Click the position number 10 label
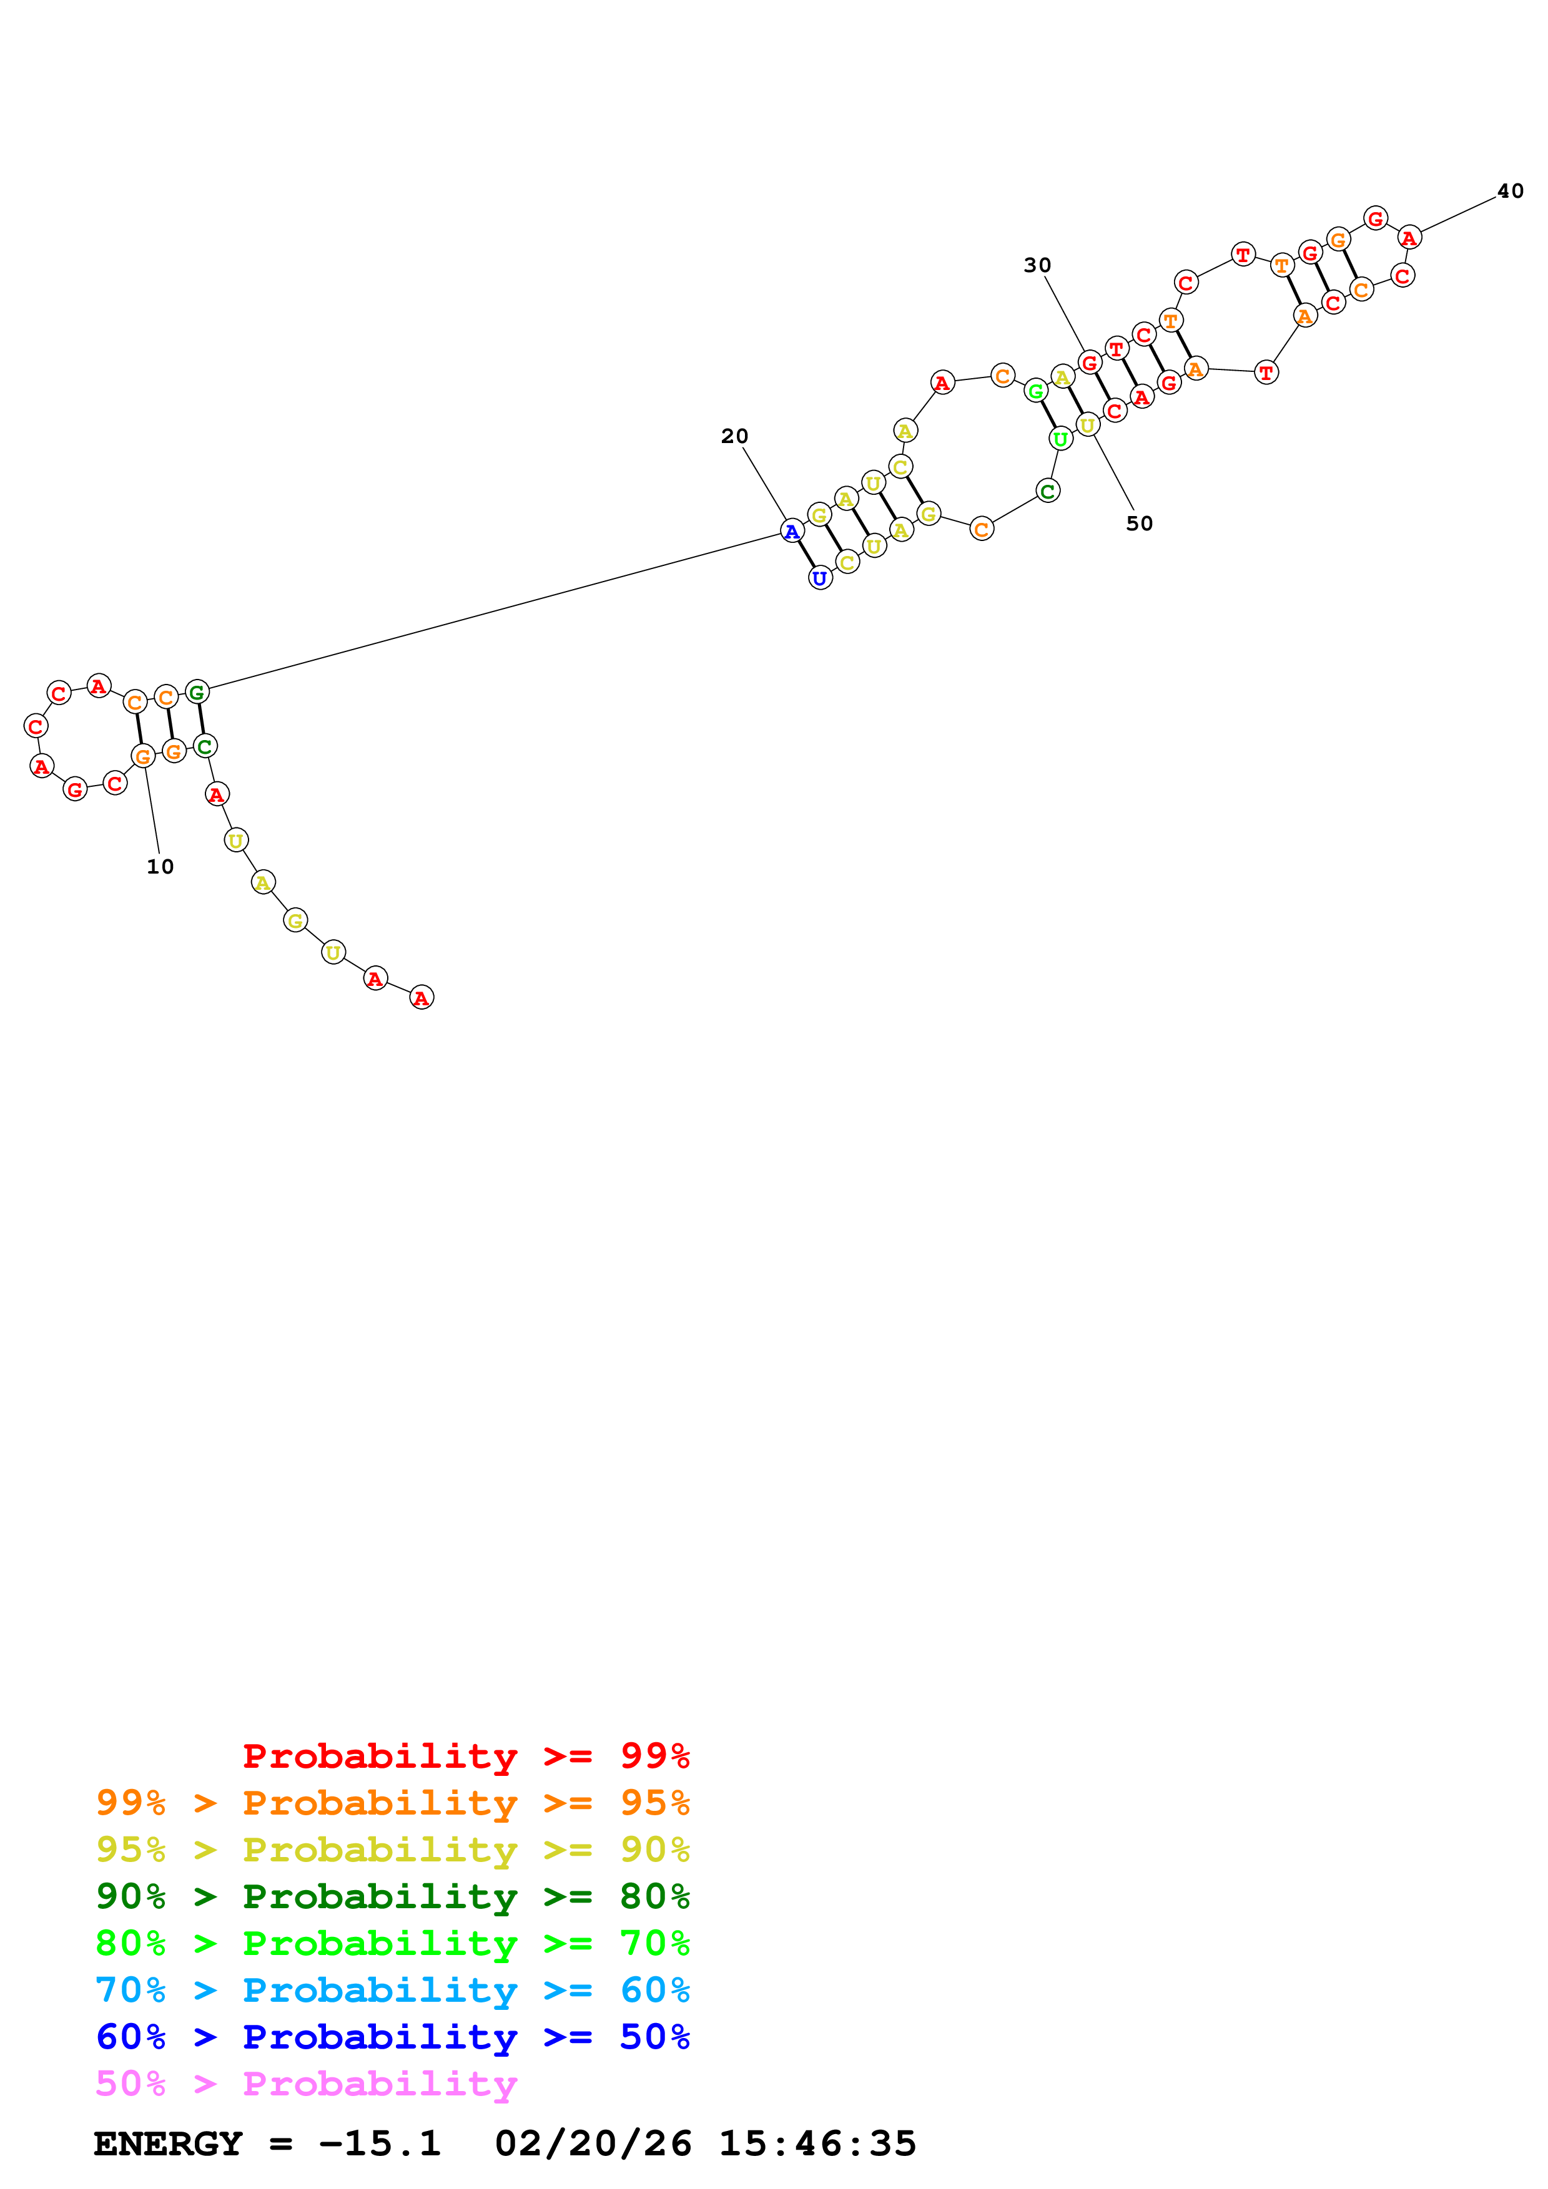pos(160,867)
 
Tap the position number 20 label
pos(734,437)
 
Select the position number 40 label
pos(1510,192)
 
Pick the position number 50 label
pos(1139,524)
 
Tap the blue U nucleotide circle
pos(821,578)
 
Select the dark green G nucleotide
pos(197,692)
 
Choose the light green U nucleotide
pos(1060,439)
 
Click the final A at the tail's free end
pos(422,997)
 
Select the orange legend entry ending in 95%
pos(392,1803)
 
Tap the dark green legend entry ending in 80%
pos(392,1896)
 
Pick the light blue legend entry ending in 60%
pos(392,1990)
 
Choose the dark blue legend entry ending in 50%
pos(392,2037)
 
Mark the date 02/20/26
pos(593,2144)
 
